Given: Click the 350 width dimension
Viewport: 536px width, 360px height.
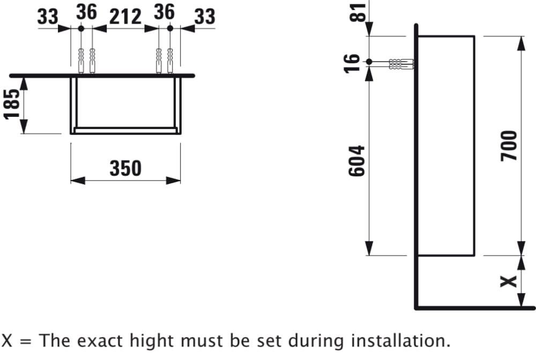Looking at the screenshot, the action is pos(125,168).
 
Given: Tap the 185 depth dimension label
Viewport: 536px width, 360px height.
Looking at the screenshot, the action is pos(12,104).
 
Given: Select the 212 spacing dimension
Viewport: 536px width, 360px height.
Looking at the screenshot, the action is pos(125,17).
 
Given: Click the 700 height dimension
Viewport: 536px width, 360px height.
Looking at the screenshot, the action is pos(509,146).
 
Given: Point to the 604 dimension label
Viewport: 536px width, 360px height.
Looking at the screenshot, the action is pos(356,161).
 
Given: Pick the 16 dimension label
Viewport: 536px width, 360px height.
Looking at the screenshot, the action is pos(352,63).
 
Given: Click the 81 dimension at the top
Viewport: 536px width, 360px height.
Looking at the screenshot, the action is pos(358,12).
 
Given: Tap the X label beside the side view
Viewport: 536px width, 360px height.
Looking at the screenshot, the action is pos(509,281).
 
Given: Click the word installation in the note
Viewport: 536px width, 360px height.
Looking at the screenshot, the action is pos(400,341).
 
